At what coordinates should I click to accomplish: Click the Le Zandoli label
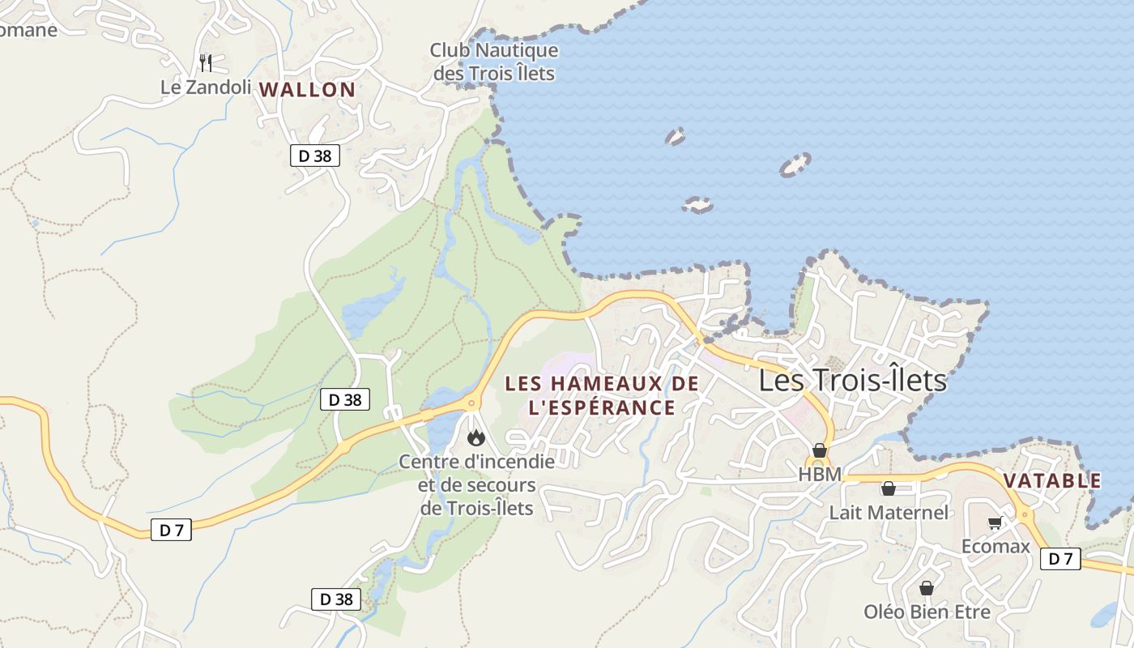click(x=206, y=87)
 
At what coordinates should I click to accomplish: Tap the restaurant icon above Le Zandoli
click(x=206, y=62)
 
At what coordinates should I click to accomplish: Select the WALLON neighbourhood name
click(x=307, y=90)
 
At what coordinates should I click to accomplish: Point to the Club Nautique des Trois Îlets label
click(x=493, y=62)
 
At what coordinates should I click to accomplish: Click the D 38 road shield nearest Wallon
click(x=314, y=156)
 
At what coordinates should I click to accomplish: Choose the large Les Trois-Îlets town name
click(x=852, y=380)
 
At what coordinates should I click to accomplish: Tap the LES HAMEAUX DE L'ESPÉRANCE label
click(x=601, y=395)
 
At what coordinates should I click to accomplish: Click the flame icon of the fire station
click(x=475, y=438)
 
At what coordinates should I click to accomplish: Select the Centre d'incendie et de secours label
click(x=476, y=484)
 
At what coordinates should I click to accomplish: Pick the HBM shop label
click(x=820, y=475)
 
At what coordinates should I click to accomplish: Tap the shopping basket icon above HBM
click(x=820, y=450)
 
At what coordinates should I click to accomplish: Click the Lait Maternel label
click(x=888, y=513)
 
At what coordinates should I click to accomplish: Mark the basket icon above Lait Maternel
click(x=888, y=488)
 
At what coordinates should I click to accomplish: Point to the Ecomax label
click(x=995, y=546)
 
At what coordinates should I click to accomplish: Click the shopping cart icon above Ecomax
click(x=995, y=522)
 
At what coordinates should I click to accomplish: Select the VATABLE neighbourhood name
click(x=1052, y=480)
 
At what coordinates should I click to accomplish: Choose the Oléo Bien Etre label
click(x=927, y=612)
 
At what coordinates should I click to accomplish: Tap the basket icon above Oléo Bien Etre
click(x=927, y=588)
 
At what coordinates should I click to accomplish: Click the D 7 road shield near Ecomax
click(x=1060, y=558)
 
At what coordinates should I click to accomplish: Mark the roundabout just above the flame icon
click(x=471, y=402)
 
